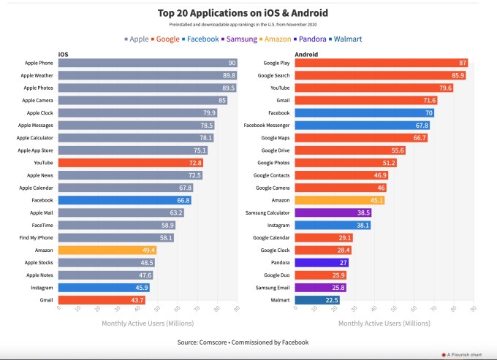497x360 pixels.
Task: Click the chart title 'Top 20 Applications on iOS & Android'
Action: [x=243, y=12]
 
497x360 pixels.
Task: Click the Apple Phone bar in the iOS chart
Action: [x=147, y=64]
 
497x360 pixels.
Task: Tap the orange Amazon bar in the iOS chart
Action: [x=107, y=250]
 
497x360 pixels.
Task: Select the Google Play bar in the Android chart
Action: [x=381, y=64]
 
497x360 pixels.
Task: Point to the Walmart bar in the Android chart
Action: [x=316, y=299]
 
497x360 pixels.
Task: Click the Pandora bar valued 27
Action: [x=321, y=262]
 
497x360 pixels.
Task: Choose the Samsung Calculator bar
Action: [x=333, y=212]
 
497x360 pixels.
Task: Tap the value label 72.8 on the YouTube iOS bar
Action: [x=194, y=163]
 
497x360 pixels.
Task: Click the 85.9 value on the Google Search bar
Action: [x=458, y=76]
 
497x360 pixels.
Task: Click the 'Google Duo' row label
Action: [x=276, y=275]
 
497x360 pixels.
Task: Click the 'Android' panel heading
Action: [x=306, y=53]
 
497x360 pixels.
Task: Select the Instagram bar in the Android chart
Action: [x=332, y=225]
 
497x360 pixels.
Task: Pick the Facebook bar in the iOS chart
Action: [x=125, y=200]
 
